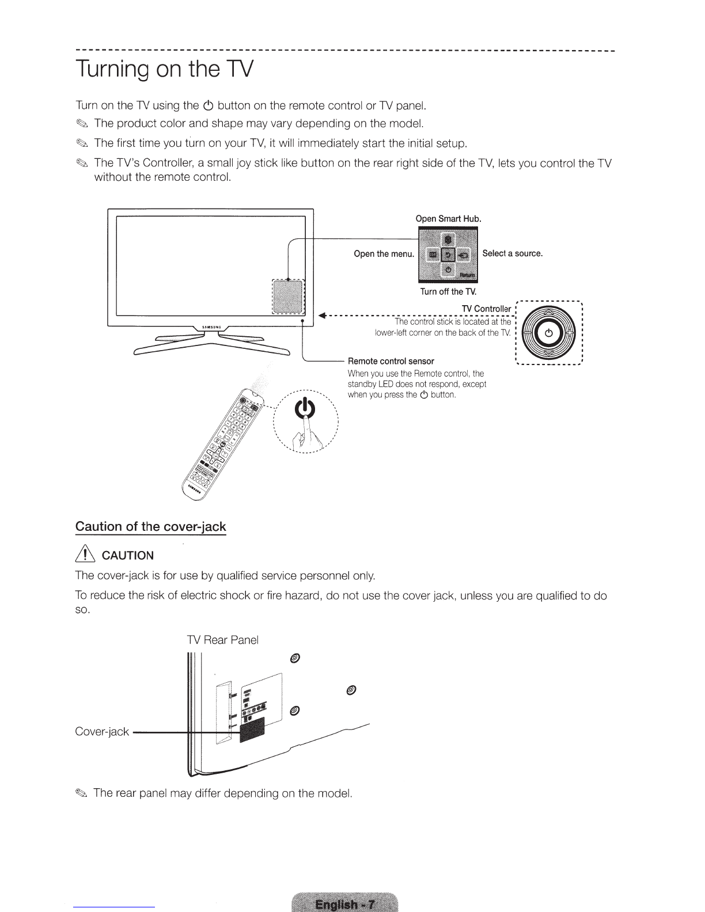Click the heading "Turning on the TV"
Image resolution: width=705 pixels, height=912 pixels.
click(x=164, y=70)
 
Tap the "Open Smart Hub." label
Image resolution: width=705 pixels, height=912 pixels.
click(x=448, y=219)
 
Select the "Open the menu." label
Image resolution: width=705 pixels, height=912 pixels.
click(x=384, y=254)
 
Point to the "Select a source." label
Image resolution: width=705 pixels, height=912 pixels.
click(x=513, y=253)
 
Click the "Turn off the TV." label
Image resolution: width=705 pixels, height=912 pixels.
click(x=448, y=291)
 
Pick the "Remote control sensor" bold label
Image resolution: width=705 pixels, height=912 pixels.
click(x=391, y=361)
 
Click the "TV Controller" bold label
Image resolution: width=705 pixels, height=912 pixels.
click(x=486, y=309)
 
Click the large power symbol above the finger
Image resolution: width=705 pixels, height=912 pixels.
click(x=305, y=409)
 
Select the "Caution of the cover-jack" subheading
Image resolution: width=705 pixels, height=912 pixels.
click(x=151, y=527)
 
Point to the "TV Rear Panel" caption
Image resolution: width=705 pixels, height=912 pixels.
click(x=223, y=640)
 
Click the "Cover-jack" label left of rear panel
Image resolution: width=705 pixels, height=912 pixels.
click(x=102, y=732)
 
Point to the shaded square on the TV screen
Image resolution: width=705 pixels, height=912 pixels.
click(x=287, y=297)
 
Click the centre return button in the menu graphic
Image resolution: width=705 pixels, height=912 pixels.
click(x=448, y=254)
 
